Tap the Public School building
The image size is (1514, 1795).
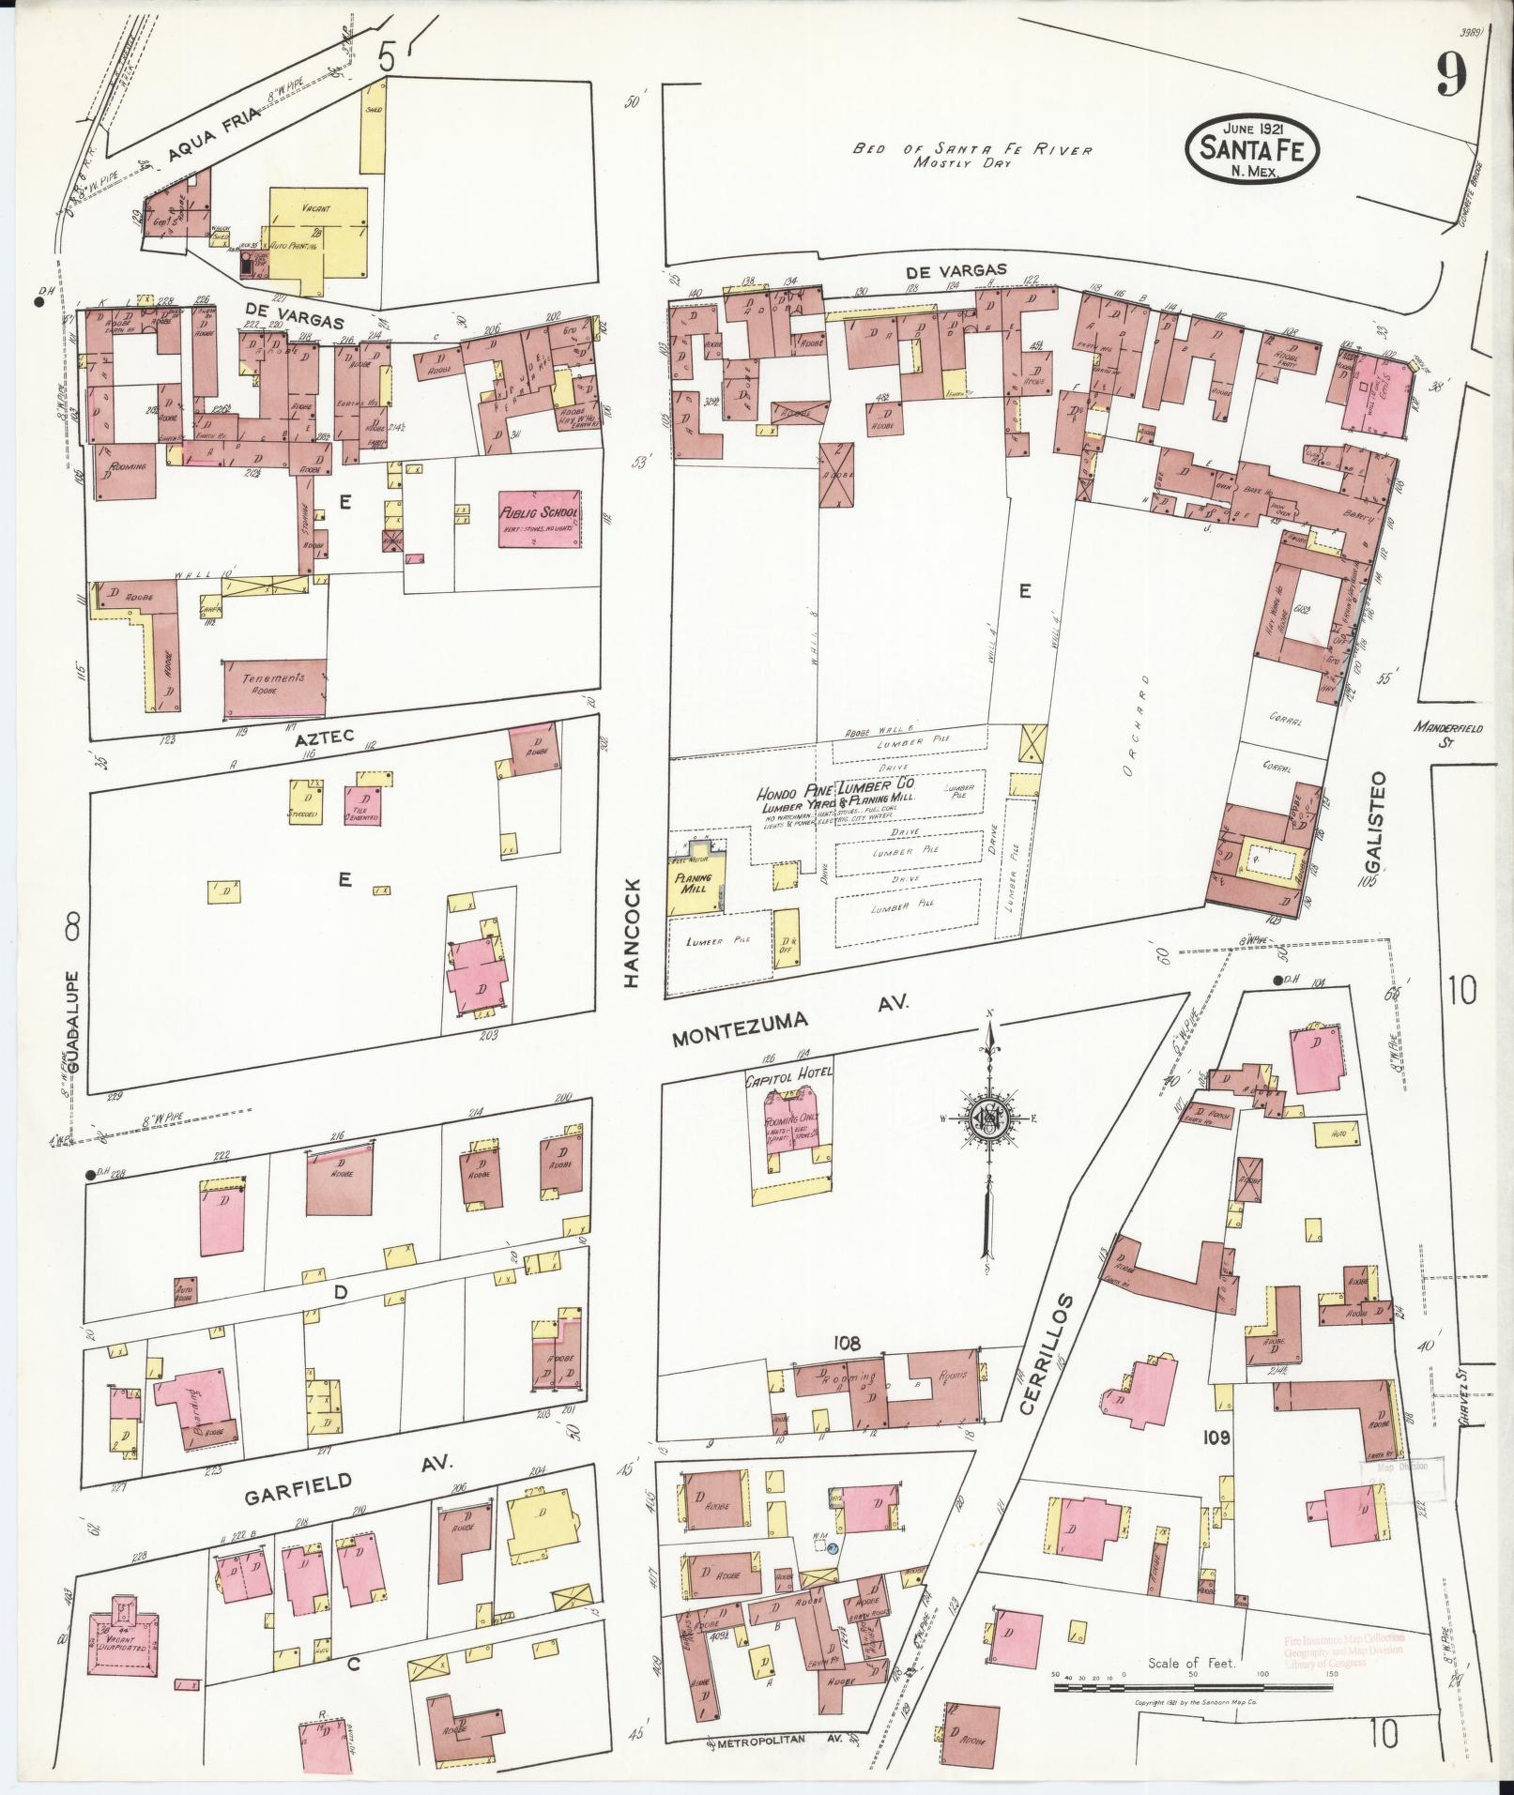pyautogui.click(x=540, y=518)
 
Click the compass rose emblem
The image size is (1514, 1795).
pyautogui.click(x=987, y=1118)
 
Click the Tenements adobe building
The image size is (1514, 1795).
pyautogui.click(x=275, y=688)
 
